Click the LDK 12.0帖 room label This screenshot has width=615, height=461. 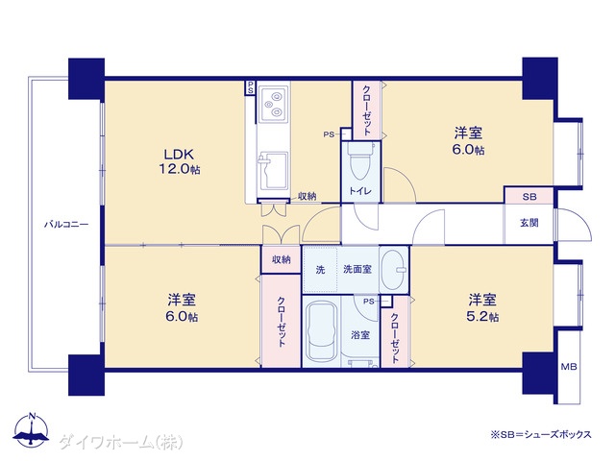180,161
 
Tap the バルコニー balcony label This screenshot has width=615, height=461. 66,225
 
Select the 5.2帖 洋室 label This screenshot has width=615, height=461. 482,308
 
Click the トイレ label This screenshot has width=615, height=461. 360,191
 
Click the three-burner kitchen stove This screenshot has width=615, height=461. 273,104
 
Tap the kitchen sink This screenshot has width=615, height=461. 273,171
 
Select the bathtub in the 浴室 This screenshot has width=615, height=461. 321,332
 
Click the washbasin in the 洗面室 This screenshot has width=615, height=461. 394,270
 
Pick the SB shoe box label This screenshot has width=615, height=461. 529,196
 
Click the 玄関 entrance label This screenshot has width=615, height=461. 529,223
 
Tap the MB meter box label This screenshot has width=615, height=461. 568,367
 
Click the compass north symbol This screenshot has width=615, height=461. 32,429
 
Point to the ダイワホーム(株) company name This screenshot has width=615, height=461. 121,443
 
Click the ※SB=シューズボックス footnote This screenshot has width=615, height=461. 541,435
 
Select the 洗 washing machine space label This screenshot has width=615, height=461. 320,270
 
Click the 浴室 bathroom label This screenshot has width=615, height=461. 360,335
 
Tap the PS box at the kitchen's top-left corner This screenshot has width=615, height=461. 250,87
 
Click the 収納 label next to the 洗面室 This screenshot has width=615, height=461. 282,259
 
